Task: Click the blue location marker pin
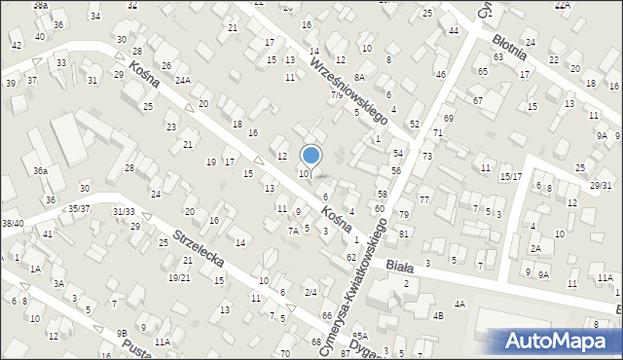(311, 157)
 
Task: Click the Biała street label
(400, 264)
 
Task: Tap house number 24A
(183, 81)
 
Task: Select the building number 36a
(40, 170)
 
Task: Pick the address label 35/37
(79, 208)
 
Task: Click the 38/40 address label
(13, 223)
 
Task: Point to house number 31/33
(124, 211)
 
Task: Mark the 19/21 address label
(179, 277)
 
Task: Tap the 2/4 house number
(311, 292)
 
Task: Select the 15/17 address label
(511, 176)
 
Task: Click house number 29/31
(601, 185)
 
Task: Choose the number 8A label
(359, 77)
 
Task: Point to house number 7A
(292, 231)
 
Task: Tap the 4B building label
(438, 315)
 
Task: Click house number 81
(403, 234)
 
